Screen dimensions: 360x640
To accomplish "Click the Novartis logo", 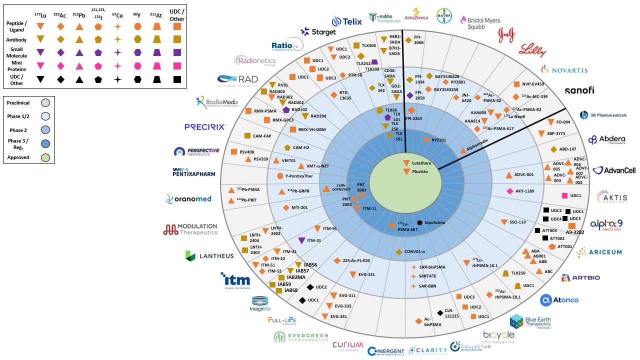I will pos(563,69).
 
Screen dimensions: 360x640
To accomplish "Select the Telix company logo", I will pos(346,21).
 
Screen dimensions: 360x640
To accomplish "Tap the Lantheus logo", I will pos(209,256).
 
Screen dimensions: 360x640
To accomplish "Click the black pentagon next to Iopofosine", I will pos(419,222).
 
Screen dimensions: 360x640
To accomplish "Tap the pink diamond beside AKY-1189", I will pos(510,191).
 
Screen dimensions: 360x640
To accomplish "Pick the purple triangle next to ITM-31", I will pos(301,240).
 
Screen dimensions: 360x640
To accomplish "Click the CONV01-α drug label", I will pos(414,251).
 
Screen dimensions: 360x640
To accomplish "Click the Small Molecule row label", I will pos(17,52).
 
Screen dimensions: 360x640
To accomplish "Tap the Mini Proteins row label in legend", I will pos(17,65).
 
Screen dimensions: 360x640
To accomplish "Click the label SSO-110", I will pos(517,222).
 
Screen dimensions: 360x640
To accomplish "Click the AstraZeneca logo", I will pos(416,14).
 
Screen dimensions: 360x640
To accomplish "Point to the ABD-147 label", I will pos(568,149).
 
